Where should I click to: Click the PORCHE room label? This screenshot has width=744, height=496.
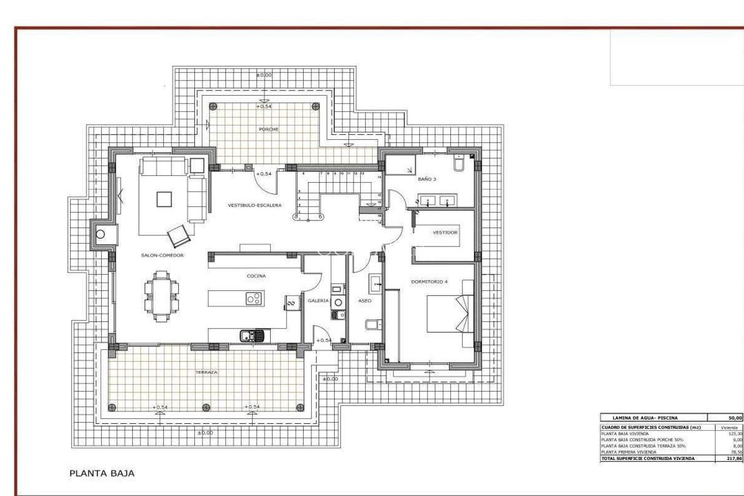tap(269, 129)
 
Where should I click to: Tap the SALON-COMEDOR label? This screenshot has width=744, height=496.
tap(162, 255)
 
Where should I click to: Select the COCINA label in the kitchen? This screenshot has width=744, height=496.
tap(256, 276)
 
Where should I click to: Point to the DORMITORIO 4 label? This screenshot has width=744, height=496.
tap(429, 282)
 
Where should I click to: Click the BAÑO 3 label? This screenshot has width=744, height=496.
tap(427, 179)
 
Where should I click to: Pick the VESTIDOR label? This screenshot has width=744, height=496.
tap(445, 232)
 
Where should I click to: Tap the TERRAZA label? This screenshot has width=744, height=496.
tap(206, 372)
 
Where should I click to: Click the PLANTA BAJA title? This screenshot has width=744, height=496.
tap(102, 474)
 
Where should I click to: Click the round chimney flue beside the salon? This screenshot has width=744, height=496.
tap(101, 234)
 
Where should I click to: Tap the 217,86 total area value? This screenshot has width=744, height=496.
tap(735, 458)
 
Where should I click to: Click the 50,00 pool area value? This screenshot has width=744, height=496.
tap(735, 418)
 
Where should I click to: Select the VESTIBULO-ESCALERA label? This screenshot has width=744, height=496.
tap(254, 205)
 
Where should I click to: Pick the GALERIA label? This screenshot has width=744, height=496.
tap(318, 301)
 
